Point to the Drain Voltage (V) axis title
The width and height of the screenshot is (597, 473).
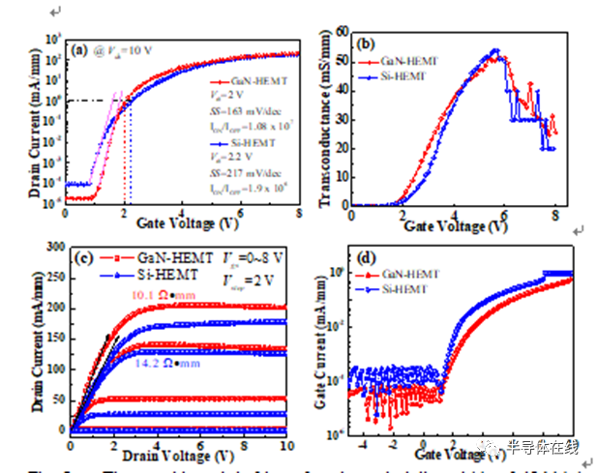tap(179, 453)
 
